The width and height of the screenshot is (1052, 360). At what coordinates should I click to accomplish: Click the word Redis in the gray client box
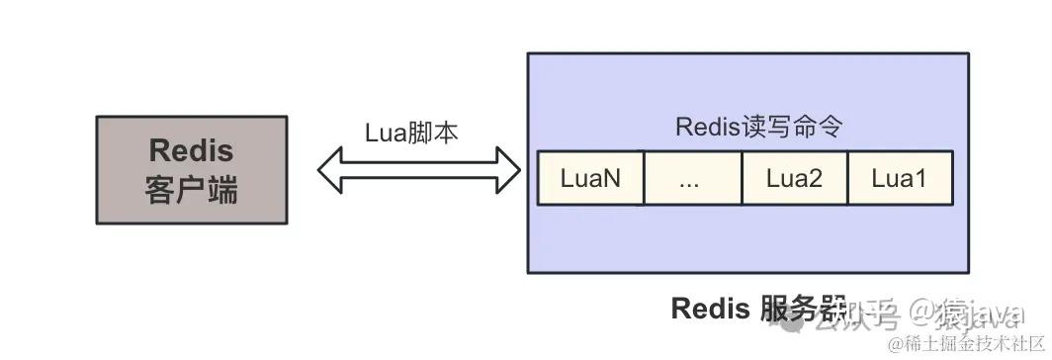pos(191,151)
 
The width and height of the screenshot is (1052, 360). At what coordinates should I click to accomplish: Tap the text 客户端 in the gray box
pos(191,189)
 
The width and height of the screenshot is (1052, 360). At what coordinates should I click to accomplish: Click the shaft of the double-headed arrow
pos(419,170)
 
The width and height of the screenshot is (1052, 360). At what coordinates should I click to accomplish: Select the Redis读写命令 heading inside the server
pos(758,127)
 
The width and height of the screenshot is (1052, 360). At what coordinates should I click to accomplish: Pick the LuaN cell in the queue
pos(590,178)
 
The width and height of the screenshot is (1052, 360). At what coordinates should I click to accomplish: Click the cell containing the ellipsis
pos(691,178)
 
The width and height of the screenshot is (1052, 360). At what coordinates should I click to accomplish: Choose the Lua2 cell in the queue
pos(794,178)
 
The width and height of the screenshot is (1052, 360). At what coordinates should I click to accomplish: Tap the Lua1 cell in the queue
pos(899,178)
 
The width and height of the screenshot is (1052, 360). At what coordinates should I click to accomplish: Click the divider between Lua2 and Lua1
pos(847,178)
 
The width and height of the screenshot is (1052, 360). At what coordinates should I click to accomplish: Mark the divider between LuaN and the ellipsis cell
pos(644,178)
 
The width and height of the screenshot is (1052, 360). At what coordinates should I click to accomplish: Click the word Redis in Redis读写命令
pos(704,127)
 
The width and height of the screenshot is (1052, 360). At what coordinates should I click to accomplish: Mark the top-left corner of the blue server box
pos(528,53)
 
